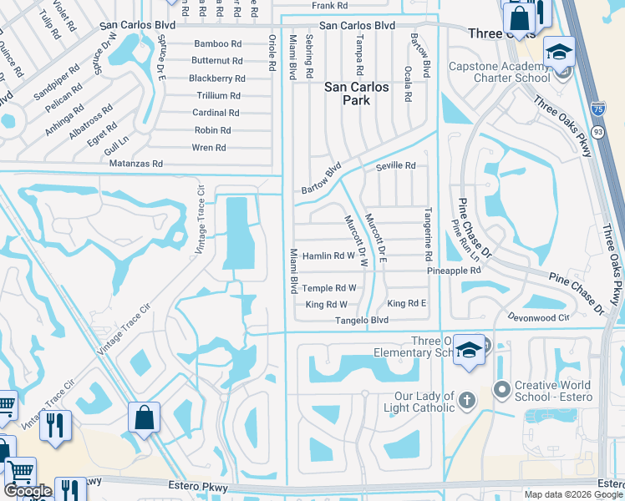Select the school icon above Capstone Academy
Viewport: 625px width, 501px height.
[558, 53]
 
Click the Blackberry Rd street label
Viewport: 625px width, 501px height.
[216, 78]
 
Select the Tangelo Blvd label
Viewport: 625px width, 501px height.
[362, 320]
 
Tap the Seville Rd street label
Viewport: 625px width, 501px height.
[395, 166]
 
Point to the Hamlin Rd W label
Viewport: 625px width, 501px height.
[328, 256]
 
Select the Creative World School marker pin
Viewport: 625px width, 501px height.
[501, 389]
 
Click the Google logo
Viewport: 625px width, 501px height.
[28, 491]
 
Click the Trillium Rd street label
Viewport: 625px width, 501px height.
[216, 96]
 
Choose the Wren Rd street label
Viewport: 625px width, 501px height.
[209, 148]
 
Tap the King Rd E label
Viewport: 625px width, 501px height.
[407, 303]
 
